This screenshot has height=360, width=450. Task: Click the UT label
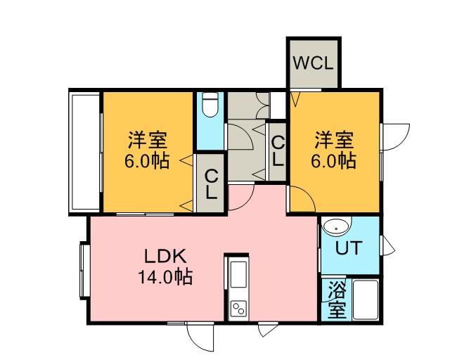(x=349, y=249)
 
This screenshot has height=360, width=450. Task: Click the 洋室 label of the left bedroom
(x=148, y=139)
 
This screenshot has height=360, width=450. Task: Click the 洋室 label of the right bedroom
(x=334, y=139)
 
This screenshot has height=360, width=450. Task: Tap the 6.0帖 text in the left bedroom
(x=148, y=161)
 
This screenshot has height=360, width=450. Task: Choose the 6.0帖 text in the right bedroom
(x=334, y=161)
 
